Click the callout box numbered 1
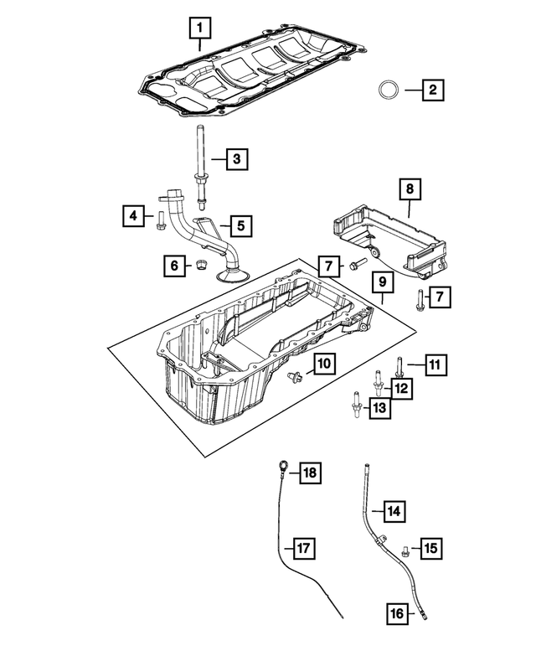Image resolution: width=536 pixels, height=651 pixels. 199,30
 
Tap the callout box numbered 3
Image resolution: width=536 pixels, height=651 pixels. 237,158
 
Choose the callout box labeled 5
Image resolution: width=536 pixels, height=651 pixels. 240,225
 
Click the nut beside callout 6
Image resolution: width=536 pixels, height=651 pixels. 201,266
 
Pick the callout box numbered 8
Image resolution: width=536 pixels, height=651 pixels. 410,190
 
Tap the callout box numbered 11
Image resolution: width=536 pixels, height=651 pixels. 434,364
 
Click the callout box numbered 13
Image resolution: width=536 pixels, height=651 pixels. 379,408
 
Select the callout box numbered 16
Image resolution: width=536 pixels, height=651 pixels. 398,613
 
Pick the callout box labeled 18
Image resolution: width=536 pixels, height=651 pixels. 310,473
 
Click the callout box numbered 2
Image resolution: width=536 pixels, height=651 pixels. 432,89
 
